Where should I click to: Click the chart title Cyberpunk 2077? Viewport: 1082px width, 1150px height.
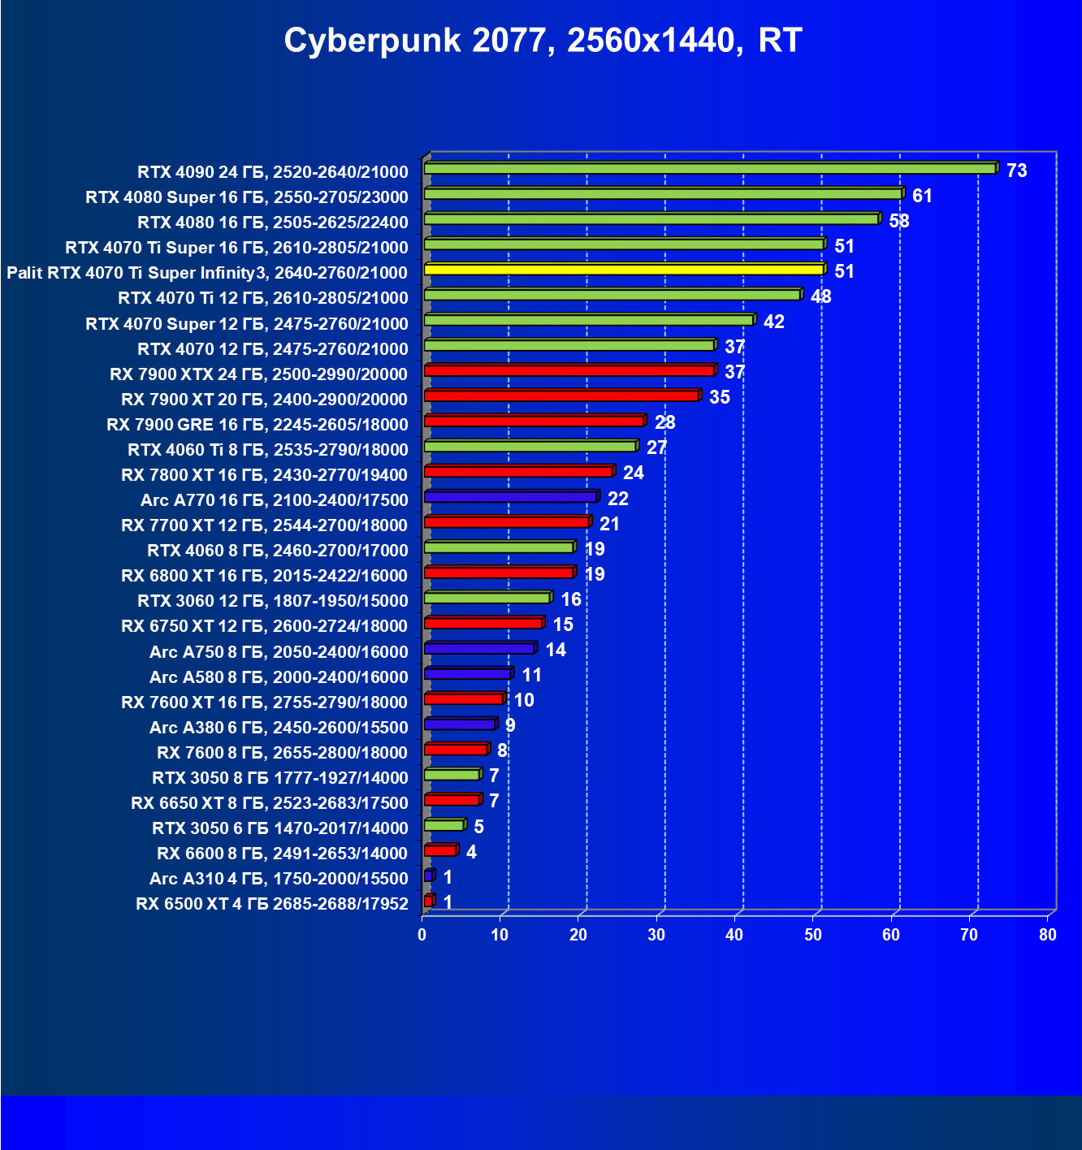coord(543,41)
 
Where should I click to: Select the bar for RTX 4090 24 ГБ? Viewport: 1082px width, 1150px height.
coord(709,168)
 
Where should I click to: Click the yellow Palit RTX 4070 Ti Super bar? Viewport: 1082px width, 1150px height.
coord(623,270)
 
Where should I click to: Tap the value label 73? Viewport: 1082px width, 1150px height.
coord(1016,171)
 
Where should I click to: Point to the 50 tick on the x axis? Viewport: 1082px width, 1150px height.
coord(812,935)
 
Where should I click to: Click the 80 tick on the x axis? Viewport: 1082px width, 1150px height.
coord(1047,935)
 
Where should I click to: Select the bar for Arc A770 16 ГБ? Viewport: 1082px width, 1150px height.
coord(510,497)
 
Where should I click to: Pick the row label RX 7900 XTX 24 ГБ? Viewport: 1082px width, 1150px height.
coord(258,374)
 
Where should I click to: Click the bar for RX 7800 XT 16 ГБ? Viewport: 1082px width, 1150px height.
coord(518,472)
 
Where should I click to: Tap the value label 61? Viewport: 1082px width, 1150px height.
coord(922,196)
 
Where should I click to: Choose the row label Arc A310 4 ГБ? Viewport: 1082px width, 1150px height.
coord(279,879)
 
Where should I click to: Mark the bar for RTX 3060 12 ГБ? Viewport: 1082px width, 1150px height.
coord(487,599)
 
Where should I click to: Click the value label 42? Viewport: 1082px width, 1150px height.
coord(774,322)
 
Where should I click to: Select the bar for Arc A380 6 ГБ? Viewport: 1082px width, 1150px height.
coord(459,724)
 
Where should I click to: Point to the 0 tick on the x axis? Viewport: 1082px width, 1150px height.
coord(422,935)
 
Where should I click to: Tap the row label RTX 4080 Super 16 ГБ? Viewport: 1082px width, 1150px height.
coord(247,197)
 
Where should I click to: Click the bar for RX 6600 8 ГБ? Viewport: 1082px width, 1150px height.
coord(439,851)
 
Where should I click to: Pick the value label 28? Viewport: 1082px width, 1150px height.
coord(664,422)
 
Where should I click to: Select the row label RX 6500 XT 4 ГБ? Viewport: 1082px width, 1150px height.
coord(272,904)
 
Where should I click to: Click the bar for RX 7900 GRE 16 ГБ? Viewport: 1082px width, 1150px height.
coord(534,421)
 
